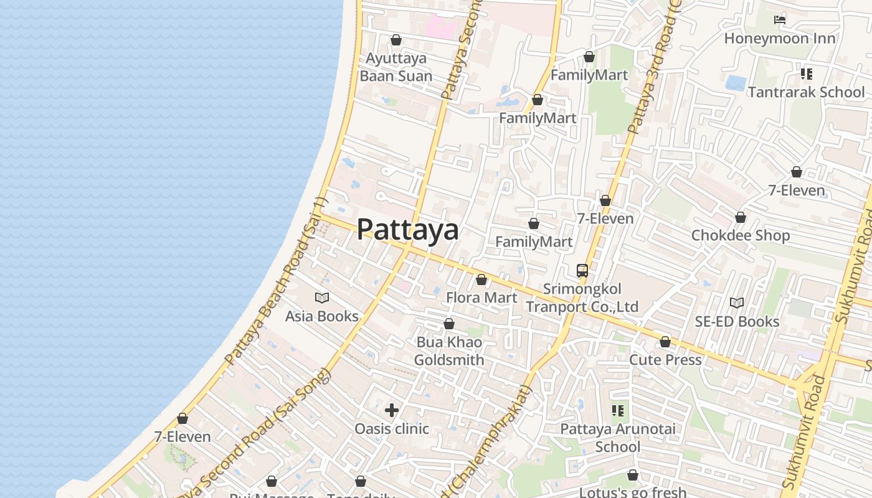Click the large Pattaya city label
pyautogui.click(x=407, y=229)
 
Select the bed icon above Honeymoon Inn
pyautogui.click(x=779, y=20)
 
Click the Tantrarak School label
pyautogui.click(x=806, y=92)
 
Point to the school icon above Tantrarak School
pyautogui.click(x=807, y=74)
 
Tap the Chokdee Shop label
pyautogui.click(x=740, y=235)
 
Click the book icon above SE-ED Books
pyautogui.click(x=737, y=303)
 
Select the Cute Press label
pyautogui.click(x=665, y=360)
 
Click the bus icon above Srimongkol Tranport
pyautogui.click(x=582, y=271)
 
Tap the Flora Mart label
pyautogui.click(x=481, y=298)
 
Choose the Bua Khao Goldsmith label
pyautogui.click(x=448, y=351)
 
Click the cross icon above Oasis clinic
pyautogui.click(x=392, y=410)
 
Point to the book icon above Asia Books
pyautogui.click(x=322, y=298)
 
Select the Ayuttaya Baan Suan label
pyautogui.click(x=396, y=67)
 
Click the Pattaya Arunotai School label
pyautogui.click(x=618, y=438)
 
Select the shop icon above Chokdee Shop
pyautogui.click(x=741, y=217)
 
